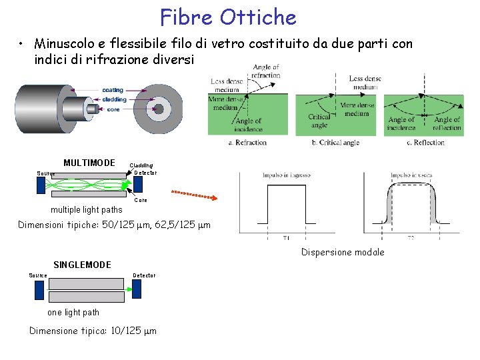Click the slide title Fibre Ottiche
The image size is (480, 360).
228,16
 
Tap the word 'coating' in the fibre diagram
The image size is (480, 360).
112,90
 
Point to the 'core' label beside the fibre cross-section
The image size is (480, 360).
113,109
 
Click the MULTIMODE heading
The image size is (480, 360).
89,163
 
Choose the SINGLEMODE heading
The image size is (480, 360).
82,265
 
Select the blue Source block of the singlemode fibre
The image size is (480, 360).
39,290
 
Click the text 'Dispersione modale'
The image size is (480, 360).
343,252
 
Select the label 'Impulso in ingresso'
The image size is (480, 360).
287,175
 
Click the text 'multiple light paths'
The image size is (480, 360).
83,210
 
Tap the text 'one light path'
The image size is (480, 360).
73,312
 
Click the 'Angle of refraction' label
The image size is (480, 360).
266,71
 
